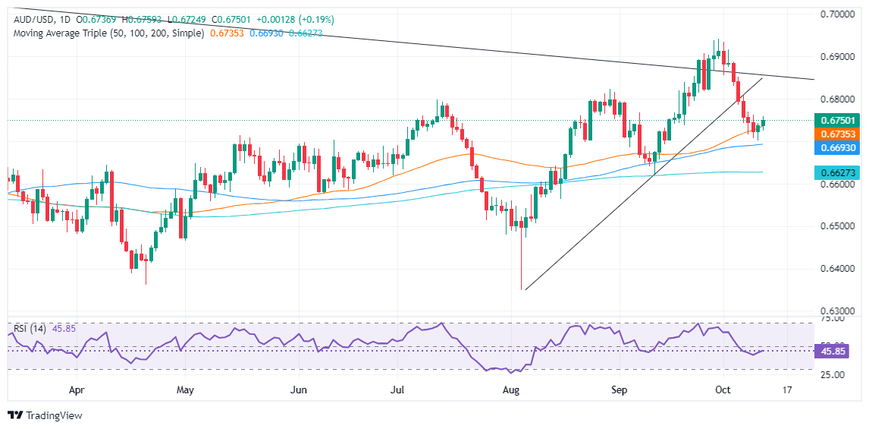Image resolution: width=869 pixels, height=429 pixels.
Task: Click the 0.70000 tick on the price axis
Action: click(x=842, y=14)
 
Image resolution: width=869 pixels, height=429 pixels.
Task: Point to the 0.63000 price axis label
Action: click(x=842, y=311)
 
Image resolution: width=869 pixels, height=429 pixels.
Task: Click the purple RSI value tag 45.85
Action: click(x=837, y=352)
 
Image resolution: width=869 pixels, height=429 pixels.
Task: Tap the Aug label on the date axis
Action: click(x=512, y=391)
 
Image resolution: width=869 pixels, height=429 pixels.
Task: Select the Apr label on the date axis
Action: click(x=77, y=391)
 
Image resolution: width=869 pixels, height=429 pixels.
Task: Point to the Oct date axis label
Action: click(x=723, y=391)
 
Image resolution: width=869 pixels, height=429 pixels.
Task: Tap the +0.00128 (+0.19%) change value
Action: click(x=296, y=19)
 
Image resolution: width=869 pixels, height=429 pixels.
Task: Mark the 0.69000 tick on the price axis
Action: click(x=842, y=57)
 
